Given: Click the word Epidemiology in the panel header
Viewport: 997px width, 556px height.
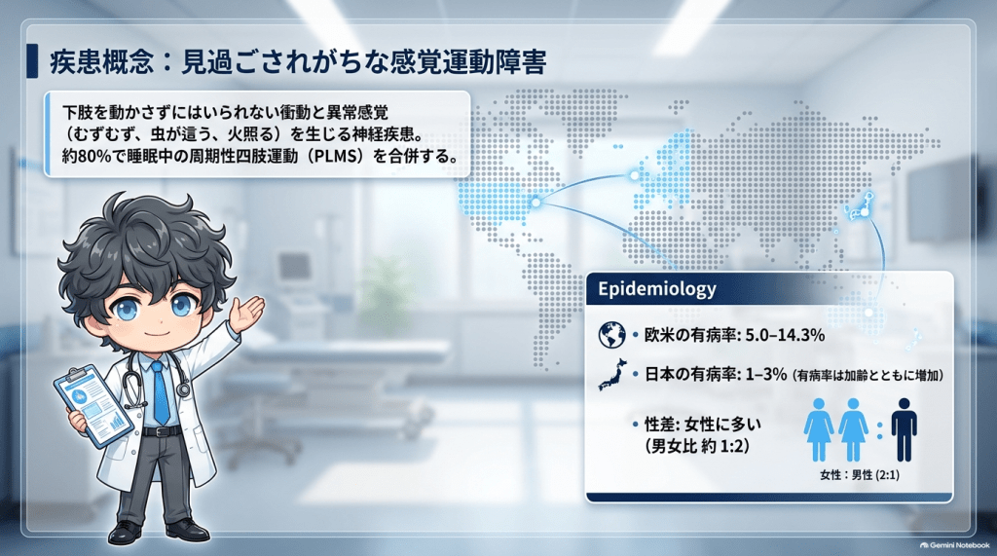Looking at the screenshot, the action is [657, 289].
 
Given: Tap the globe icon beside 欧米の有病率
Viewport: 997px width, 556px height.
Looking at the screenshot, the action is [611, 335].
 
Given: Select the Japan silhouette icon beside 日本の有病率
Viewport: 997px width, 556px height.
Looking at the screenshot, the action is [612, 374].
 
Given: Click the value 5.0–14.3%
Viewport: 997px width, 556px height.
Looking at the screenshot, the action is [785, 335].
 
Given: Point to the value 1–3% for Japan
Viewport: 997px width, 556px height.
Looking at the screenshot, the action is [766, 374].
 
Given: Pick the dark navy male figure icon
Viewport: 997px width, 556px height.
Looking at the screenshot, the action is [904, 430].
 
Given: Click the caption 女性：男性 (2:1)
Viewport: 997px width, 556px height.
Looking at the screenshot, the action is [860, 475].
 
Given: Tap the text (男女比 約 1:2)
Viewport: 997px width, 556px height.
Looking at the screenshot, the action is [697, 446].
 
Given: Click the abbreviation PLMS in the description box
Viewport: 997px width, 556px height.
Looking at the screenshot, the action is [336, 156].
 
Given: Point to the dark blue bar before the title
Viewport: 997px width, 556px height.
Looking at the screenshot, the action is [32, 61].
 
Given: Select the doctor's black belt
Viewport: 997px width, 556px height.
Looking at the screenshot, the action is [161, 431].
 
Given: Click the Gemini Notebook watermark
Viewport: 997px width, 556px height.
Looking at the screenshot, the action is [955, 545].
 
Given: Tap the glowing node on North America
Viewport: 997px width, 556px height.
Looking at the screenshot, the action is [536, 203].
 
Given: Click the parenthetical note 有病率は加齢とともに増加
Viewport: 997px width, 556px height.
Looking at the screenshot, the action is [869, 375].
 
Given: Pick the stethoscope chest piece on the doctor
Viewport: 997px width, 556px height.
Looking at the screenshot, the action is [183, 389].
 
